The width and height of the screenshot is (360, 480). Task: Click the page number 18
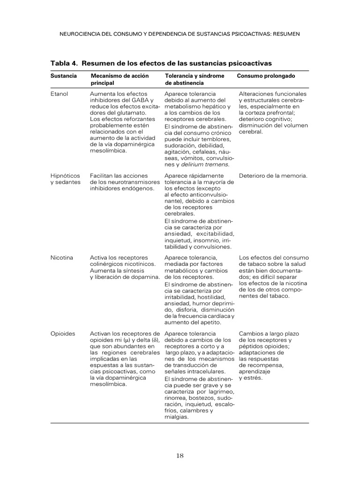pos(180,455)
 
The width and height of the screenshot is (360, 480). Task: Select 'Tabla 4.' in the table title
pos(64,63)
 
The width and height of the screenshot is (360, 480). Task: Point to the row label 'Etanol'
pos(59,94)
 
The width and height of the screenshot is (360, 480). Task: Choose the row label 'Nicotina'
pos(61,258)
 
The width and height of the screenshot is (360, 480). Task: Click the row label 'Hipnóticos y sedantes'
pos(65,179)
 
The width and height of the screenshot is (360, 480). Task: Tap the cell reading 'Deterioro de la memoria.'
pos(273,176)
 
